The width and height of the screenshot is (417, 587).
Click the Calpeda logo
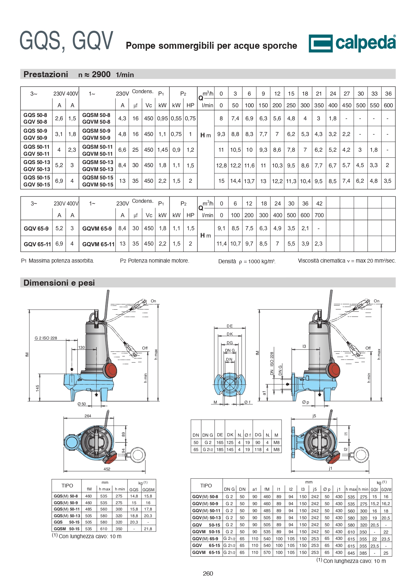tap(352, 43)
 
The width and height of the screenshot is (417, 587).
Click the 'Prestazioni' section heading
tap(46, 74)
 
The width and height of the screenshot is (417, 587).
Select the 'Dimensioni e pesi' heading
tap(59, 283)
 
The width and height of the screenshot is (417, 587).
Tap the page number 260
tap(208, 573)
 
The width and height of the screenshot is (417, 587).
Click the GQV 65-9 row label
tap(36, 229)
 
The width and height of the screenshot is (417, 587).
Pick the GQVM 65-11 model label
tap(98, 244)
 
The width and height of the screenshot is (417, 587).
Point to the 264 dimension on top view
tap(88, 416)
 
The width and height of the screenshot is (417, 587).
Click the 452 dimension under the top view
tap(107, 469)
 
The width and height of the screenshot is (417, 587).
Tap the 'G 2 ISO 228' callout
tap(46, 338)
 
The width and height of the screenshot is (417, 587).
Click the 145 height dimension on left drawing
tap(38, 388)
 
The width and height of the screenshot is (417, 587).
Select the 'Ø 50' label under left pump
tap(82, 404)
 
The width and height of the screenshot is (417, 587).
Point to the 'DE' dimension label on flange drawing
tap(230, 326)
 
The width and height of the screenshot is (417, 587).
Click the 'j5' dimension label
tap(314, 416)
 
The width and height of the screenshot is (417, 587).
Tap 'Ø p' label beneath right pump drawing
tap(306, 402)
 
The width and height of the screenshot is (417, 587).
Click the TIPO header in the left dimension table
tap(67, 486)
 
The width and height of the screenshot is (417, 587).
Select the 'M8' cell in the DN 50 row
tap(277, 442)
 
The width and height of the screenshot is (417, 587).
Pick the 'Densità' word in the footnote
tap(227, 261)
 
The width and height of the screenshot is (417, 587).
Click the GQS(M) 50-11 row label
tap(67, 509)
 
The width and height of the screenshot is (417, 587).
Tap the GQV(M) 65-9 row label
tap(205, 539)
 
